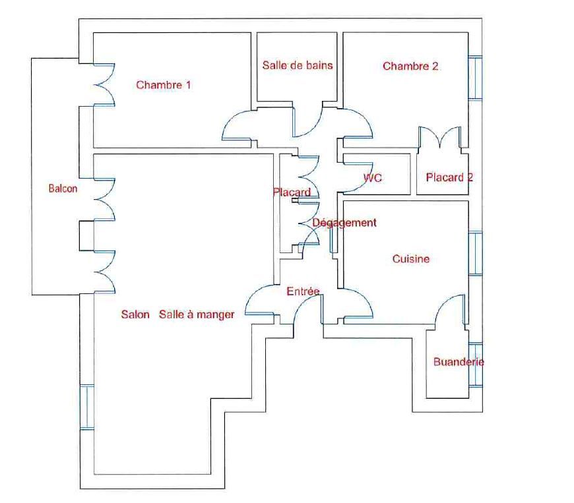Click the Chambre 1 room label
coord(164,84)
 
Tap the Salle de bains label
coord(297,65)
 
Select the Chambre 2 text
coord(410,66)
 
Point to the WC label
coord(373,178)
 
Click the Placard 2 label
coord(449,177)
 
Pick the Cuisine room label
coord(410,259)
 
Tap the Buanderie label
coord(459,362)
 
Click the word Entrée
coord(303,291)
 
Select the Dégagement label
coord(344,223)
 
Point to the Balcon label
coord(63,189)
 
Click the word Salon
coord(135,314)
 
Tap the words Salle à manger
coord(197,315)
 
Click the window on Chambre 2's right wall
coord(475,78)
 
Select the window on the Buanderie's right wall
coord(475,364)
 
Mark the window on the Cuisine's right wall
coord(475,252)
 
